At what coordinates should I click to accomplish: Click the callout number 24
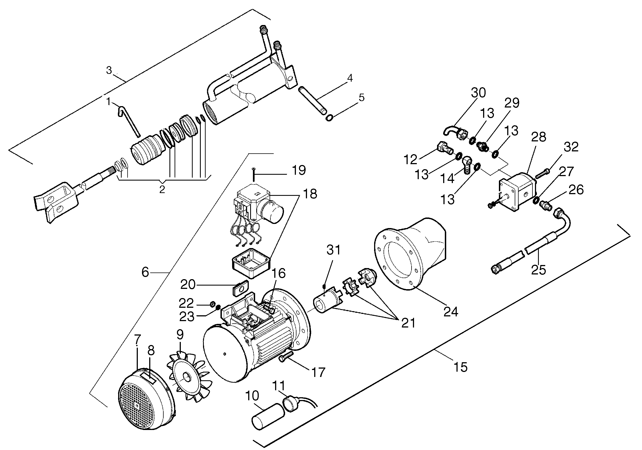pyautogui.click(x=451, y=311)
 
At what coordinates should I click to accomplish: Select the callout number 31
pyautogui.click(x=334, y=250)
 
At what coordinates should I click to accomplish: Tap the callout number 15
pyautogui.click(x=460, y=367)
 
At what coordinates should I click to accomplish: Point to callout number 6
pyautogui.click(x=145, y=272)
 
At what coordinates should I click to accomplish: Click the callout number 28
pyautogui.click(x=539, y=137)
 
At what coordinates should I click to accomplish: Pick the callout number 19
pyautogui.click(x=299, y=170)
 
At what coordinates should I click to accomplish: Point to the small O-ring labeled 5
pyautogui.click(x=329, y=118)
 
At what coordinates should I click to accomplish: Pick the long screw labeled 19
pyautogui.click(x=253, y=174)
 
